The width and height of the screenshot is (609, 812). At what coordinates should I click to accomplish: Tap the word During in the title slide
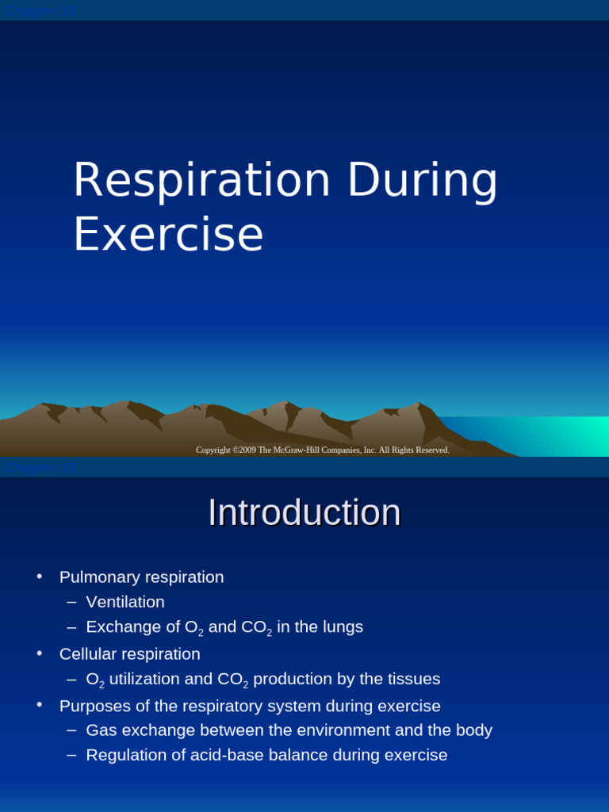[x=422, y=180]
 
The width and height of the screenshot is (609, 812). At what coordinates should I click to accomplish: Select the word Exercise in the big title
[x=168, y=235]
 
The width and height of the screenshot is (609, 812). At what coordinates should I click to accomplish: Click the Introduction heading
[x=304, y=512]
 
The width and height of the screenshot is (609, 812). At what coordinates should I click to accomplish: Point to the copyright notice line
[x=322, y=450]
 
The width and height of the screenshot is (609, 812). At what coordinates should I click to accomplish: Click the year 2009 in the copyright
[x=245, y=450]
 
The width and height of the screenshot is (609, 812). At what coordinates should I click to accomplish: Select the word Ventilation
[x=125, y=602]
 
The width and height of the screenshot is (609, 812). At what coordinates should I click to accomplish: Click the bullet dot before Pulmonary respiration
[x=40, y=576]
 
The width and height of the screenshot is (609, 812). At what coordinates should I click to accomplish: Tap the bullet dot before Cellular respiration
[x=40, y=653]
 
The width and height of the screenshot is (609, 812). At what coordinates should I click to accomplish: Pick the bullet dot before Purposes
[x=40, y=705]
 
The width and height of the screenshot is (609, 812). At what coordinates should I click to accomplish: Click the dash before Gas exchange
[x=71, y=730]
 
